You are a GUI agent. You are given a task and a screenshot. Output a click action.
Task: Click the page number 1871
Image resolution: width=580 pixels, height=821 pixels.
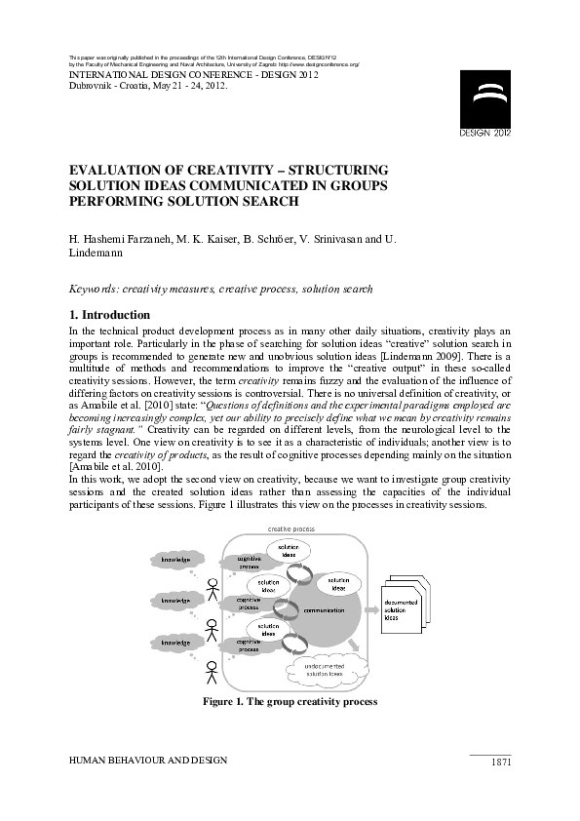click(499, 762)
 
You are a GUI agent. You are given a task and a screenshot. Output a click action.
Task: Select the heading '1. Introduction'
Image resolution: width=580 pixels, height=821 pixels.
click(110, 315)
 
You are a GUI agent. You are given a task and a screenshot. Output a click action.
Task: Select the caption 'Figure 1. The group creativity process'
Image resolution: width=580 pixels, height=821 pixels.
click(290, 701)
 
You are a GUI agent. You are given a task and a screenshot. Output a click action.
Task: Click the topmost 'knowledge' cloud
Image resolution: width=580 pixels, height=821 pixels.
click(176, 560)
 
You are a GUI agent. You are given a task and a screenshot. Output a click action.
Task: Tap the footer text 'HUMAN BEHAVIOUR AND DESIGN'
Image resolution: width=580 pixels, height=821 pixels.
click(147, 760)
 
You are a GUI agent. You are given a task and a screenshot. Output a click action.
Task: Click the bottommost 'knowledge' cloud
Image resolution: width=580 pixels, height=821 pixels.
click(176, 644)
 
